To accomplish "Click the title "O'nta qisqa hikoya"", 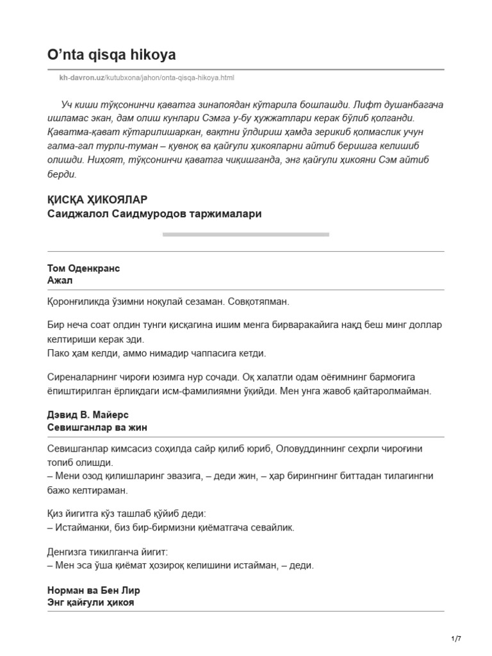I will click(112, 56).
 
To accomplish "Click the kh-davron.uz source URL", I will click(146, 78).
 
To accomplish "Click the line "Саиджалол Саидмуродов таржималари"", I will click(154, 214).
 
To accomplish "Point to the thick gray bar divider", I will click(245, 234).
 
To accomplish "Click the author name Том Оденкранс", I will click(83, 268).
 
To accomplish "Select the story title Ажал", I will click(60, 281).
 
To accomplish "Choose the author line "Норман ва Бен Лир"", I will click(94, 590).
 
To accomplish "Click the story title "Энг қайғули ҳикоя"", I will click(91, 602).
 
